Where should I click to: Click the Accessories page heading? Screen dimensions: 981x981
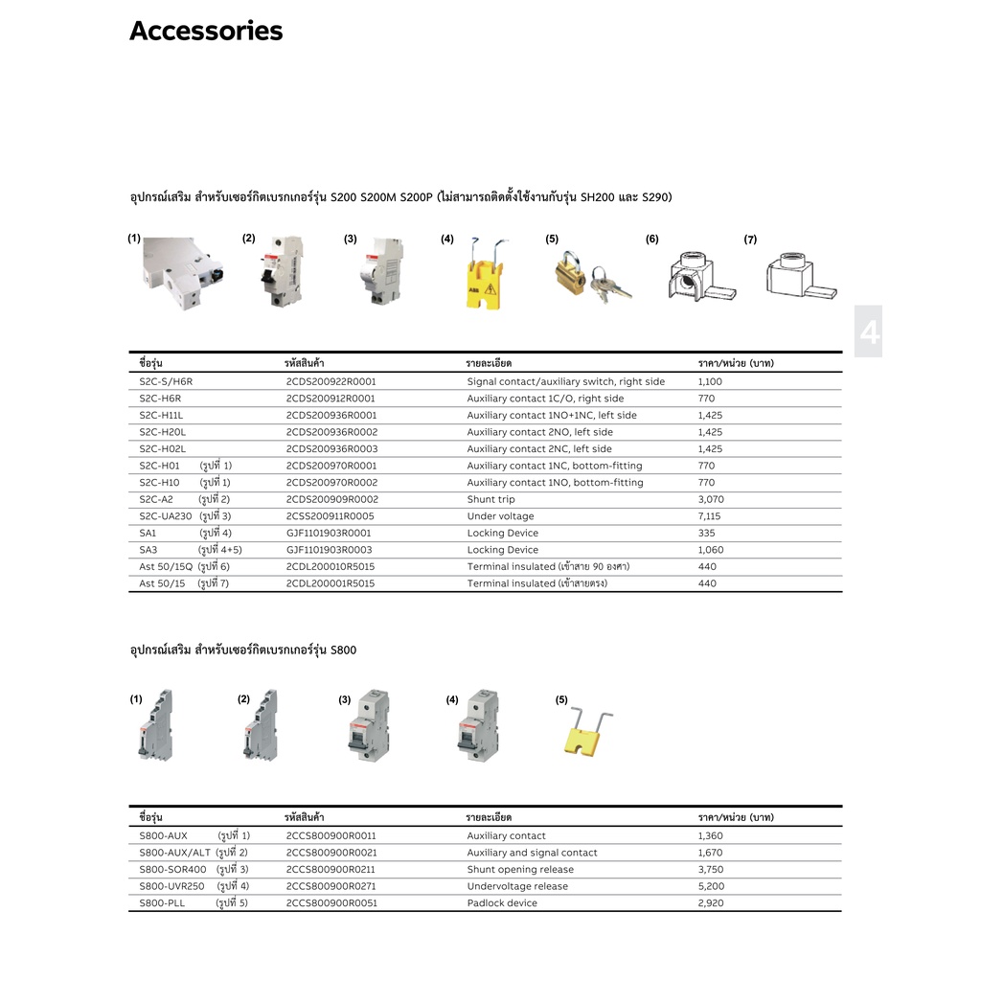(206, 32)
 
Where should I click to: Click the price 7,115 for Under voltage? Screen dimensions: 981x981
(710, 516)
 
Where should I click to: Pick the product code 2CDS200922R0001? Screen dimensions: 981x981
(331, 381)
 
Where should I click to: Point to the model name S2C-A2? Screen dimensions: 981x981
(156, 499)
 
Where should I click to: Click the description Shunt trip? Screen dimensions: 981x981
(490, 499)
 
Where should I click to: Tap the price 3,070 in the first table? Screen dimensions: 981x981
(711, 499)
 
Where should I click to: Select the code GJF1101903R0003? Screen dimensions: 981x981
(329, 550)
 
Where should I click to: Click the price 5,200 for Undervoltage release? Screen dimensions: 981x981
(711, 886)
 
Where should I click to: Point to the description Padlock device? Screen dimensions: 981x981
(502, 903)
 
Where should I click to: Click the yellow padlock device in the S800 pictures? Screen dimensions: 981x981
(585, 733)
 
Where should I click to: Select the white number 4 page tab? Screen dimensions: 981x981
(868, 332)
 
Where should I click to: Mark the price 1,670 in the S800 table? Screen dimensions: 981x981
(711, 853)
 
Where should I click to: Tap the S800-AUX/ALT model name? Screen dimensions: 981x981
(174, 853)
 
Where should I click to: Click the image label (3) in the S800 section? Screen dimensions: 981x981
(345, 700)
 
